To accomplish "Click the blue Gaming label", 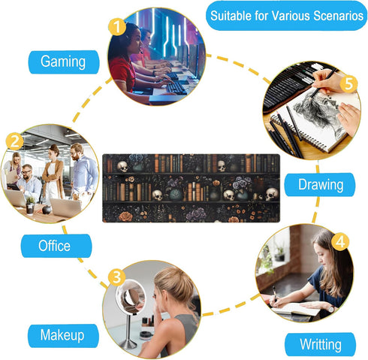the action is point(64,62).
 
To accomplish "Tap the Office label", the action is point(56,246).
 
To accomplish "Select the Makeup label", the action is point(63,336).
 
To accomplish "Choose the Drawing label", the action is point(320,185).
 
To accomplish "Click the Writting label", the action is point(321,344).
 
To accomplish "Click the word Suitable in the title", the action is point(231,16).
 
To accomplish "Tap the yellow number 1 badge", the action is point(117,27).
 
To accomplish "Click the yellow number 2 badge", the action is point(14,141).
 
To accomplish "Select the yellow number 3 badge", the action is point(117,277).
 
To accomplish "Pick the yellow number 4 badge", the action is point(340,242).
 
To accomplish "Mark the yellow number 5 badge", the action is point(348,83).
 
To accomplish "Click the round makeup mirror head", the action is point(131,296).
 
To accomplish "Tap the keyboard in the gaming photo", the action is point(176,88).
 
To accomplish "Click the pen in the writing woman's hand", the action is point(275,294).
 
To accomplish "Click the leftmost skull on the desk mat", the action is point(122,166).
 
